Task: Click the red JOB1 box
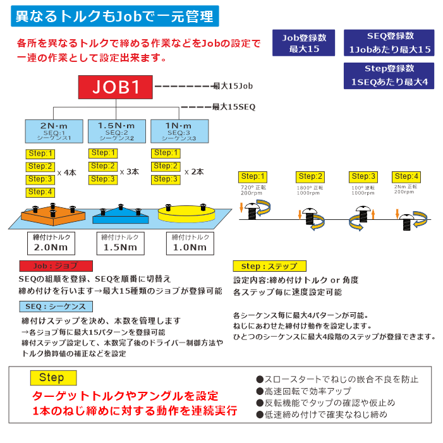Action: (116, 87)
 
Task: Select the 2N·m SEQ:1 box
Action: (53, 131)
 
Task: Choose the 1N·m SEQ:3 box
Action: (178, 131)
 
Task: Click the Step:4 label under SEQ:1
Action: (40, 192)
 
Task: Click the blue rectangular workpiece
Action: (121, 217)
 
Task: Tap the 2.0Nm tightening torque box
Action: (51, 243)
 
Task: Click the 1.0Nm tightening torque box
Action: (190, 243)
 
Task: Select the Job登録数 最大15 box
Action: (303, 42)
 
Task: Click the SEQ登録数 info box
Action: (389, 42)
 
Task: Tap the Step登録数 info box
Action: (389, 75)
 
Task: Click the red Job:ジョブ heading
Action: (56, 266)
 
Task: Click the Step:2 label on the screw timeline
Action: (311, 176)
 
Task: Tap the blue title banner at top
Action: (115, 16)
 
